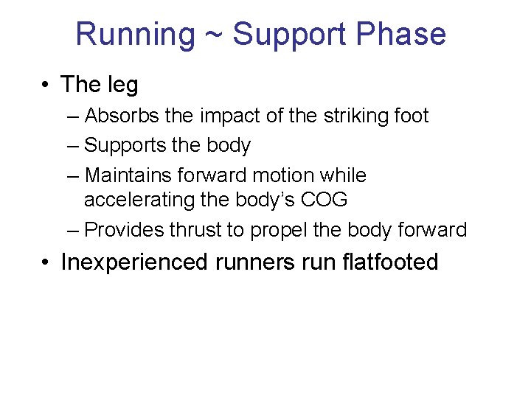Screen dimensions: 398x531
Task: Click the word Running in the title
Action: click(x=135, y=35)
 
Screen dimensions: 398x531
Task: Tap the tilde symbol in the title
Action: click(x=214, y=35)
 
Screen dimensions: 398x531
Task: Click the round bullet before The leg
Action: click(x=46, y=85)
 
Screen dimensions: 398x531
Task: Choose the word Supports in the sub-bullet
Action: click(x=125, y=145)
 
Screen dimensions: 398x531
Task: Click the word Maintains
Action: click(x=128, y=175)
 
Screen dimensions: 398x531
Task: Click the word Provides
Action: click(x=125, y=230)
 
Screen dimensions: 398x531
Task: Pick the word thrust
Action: click(x=195, y=230)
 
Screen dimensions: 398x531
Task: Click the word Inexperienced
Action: click(x=136, y=262)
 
